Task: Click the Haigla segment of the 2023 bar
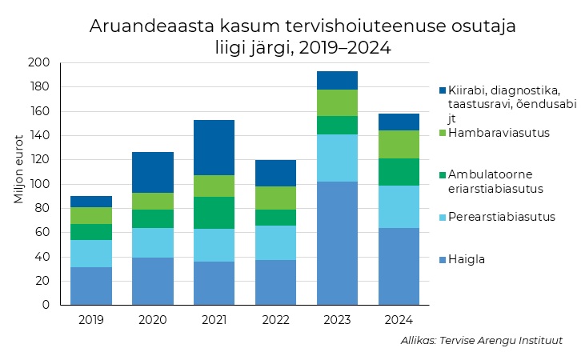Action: click(337, 243)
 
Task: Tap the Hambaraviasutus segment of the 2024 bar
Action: click(399, 144)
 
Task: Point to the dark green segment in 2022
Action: click(275, 218)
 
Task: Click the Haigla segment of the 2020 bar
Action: click(152, 281)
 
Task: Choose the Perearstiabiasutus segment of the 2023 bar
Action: click(337, 158)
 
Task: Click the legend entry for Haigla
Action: click(467, 259)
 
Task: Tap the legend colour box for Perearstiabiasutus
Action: click(443, 216)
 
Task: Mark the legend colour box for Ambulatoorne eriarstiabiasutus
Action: click(443, 174)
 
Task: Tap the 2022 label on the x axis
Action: click(275, 320)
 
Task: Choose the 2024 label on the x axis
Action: click(399, 320)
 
